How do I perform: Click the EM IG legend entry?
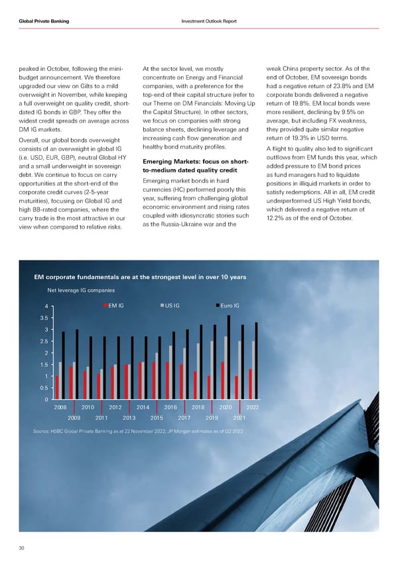pyautogui.click(x=114, y=305)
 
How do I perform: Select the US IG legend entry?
pyautogui.click(x=171, y=305)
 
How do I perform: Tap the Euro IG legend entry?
pyautogui.click(x=230, y=305)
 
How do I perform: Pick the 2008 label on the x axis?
pyautogui.click(x=60, y=407)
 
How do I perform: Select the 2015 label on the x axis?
pyautogui.click(x=157, y=418)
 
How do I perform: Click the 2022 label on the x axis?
pyautogui.click(x=253, y=407)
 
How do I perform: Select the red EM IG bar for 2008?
pyautogui.click(x=57, y=388)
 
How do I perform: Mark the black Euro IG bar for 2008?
pyautogui.click(x=64, y=365)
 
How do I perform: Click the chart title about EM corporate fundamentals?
pyautogui.click(x=139, y=276)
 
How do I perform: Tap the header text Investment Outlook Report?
pyautogui.click(x=208, y=21)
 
